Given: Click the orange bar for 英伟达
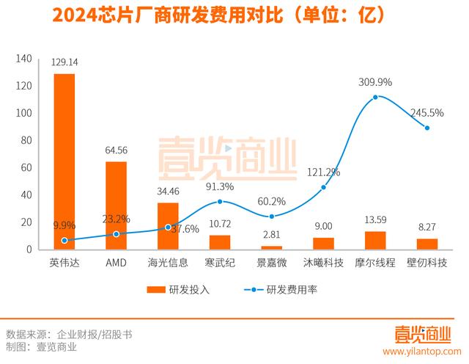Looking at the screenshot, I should coord(64,161).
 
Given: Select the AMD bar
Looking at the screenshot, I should coord(116,205).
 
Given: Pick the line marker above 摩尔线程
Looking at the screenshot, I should coord(376,97).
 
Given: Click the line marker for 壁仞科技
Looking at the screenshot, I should coord(427,128).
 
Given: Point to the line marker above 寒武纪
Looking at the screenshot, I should coord(220,201).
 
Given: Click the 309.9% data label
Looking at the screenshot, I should coord(374,81).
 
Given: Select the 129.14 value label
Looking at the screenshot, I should coord(64,63).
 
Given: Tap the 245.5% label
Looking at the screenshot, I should coord(426,113).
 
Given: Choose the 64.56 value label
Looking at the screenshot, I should coord(117,150).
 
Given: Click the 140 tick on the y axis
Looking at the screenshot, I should coord(23,59).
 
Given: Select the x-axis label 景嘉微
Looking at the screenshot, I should coord(272,262).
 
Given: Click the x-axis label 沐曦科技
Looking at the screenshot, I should coord(323,262).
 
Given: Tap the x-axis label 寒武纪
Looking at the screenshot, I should coord(220,262).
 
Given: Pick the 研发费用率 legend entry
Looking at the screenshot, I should coord(282,289).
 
